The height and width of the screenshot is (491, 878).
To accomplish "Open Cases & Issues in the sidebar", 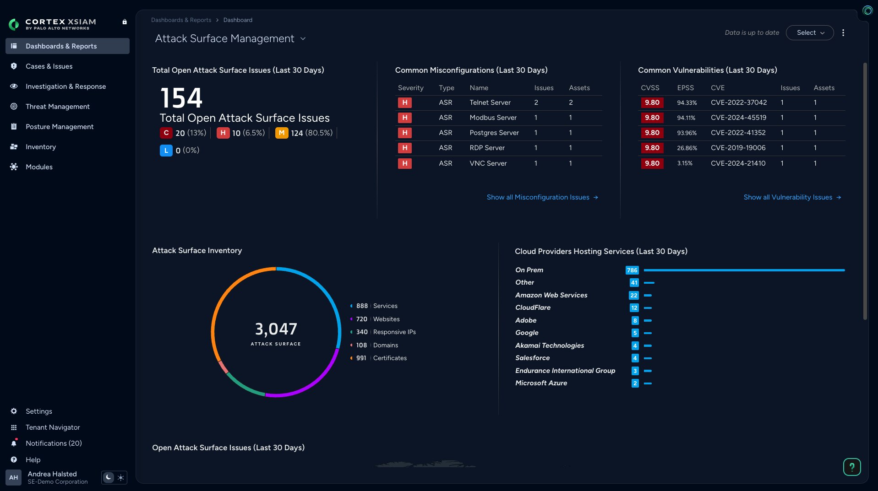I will click(x=49, y=66).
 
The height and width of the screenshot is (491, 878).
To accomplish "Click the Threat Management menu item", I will click(x=57, y=107).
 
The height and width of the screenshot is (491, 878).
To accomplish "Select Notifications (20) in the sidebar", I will click(x=54, y=443).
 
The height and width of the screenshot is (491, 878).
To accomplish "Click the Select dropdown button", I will click(x=809, y=33).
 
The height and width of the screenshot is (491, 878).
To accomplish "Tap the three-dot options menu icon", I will click(x=843, y=33).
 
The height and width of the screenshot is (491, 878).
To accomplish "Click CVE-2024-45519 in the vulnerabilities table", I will click(x=738, y=118).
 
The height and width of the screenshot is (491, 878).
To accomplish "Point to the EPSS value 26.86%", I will click(x=687, y=148).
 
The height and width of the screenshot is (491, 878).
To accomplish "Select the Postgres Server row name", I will click(x=494, y=133).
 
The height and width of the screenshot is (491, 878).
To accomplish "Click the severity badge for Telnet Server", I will click(x=404, y=103).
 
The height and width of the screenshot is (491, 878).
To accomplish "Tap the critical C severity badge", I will click(x=166, y=133).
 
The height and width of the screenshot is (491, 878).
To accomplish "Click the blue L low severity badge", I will click(x=166, y=150).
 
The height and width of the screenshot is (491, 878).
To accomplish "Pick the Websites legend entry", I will click(x=386, y=319).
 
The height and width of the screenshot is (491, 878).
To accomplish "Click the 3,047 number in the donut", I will click(x=276, y=329).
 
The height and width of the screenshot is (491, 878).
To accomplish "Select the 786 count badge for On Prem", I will click(x=632, y=270).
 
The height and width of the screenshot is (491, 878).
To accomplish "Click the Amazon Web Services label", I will click(x=551, y=295).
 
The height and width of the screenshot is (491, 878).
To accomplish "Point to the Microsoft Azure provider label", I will click(x=541, y=383).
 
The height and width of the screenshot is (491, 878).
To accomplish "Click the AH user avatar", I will click(x=14, y=477).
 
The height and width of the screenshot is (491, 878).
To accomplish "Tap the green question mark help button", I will click(x=851, y=467).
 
